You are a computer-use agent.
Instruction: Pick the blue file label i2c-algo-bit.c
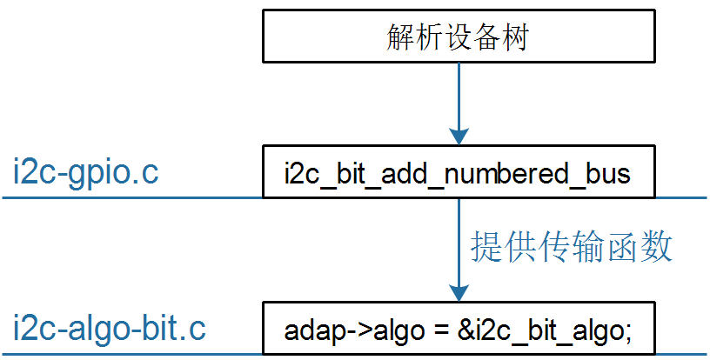tap(110, 330)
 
